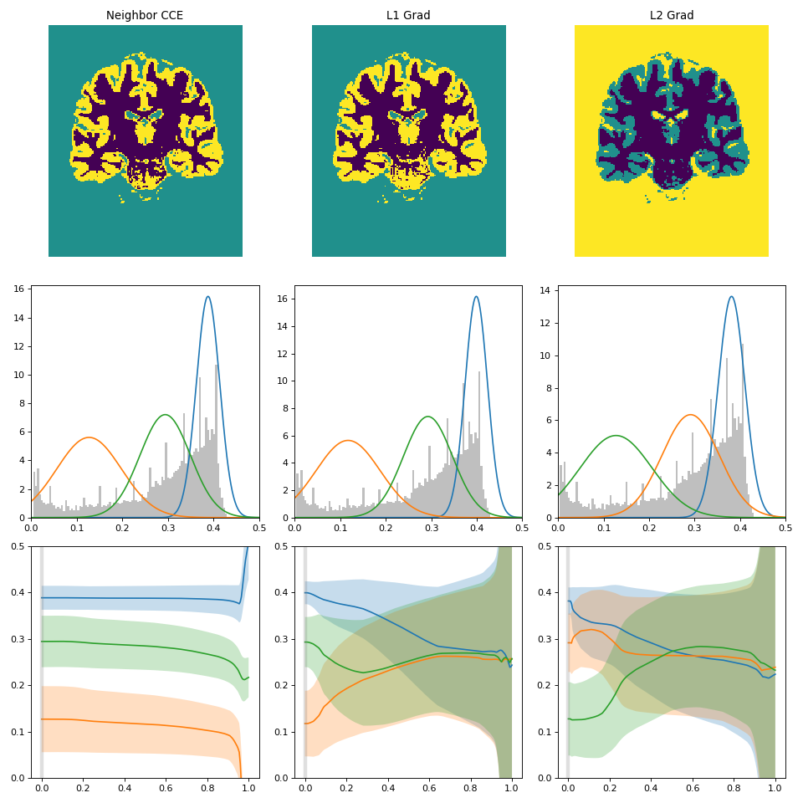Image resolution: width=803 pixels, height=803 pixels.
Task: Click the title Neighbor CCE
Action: point(145,15)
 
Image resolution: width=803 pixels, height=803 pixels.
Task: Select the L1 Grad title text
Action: point(408,15)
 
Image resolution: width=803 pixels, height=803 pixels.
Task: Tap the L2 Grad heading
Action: point(671,15)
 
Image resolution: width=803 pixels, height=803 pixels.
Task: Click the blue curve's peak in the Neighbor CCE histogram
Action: point(208,297)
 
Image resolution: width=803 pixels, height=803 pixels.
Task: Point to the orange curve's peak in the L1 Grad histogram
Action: point(348,441)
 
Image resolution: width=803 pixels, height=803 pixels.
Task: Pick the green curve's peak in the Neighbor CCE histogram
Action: point(165,415)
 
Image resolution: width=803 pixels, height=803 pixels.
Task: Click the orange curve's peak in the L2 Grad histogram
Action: point(690,415)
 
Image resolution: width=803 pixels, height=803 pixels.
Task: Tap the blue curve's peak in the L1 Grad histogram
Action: point(476,297)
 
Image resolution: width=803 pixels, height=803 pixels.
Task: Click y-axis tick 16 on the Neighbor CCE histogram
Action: point(21,290)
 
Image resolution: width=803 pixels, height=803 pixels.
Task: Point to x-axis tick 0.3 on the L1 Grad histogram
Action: point(431,528)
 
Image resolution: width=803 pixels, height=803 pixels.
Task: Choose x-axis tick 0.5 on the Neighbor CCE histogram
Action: point(258,528)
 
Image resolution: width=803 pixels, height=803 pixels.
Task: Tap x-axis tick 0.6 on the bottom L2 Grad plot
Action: point(692,788)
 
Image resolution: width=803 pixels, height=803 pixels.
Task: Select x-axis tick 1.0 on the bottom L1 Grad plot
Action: point(511,788)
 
